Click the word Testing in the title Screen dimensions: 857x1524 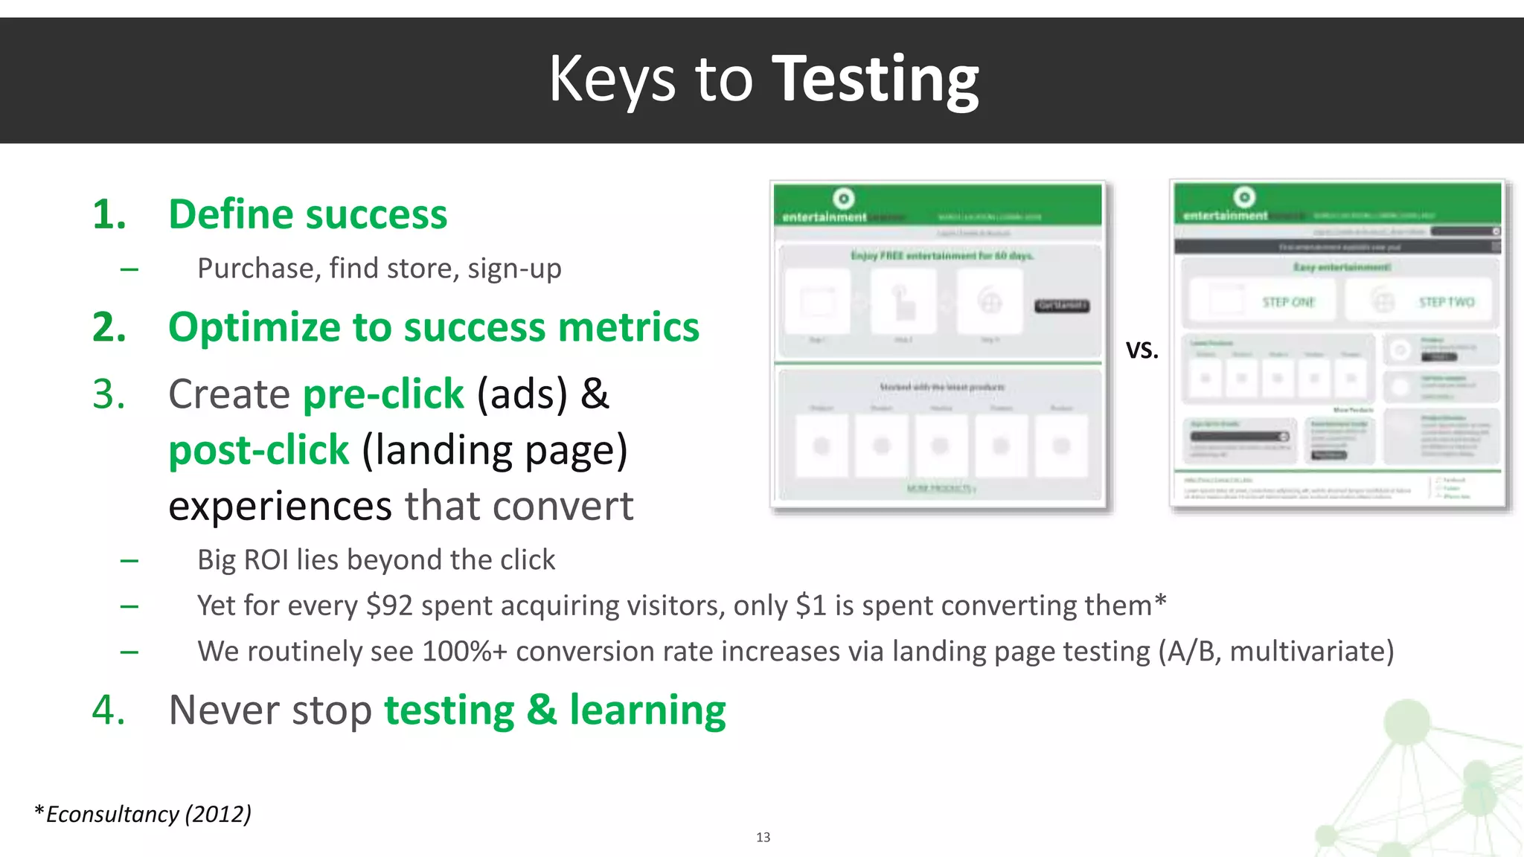pyautogui.click(x=875, y=80)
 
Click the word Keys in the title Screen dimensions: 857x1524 pyautogui.click(x=612, y=80)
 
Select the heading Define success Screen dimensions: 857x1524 pyautogui.click(x=307, y=215)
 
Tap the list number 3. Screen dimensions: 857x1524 pyautogui.click(x=109, y=394)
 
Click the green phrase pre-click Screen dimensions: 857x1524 pyautogui.click(x=383, y=394)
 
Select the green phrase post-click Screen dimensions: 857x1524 pyautogui.click(x=258, y=450)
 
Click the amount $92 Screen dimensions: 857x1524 pyautogui.click(x=389, y=606)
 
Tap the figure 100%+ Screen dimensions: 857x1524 pyautogui.click(x=464, y=652)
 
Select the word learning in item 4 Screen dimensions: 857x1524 pyautogui.click(x=647, y=710)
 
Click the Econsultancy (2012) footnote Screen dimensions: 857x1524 pyautogui.click(x=143, y=814)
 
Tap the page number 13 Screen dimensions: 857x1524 pyautogui.click(x=763, y=838)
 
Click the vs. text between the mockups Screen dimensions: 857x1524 pyautogui.click(x=1142, y=349)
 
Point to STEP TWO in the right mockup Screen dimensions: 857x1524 pyautogui.click(x=1446, y=302)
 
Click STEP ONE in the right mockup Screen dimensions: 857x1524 pyautogui.click(x=1288, y=302)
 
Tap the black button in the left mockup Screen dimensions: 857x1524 pyautogui.click(x=1062, y=306)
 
